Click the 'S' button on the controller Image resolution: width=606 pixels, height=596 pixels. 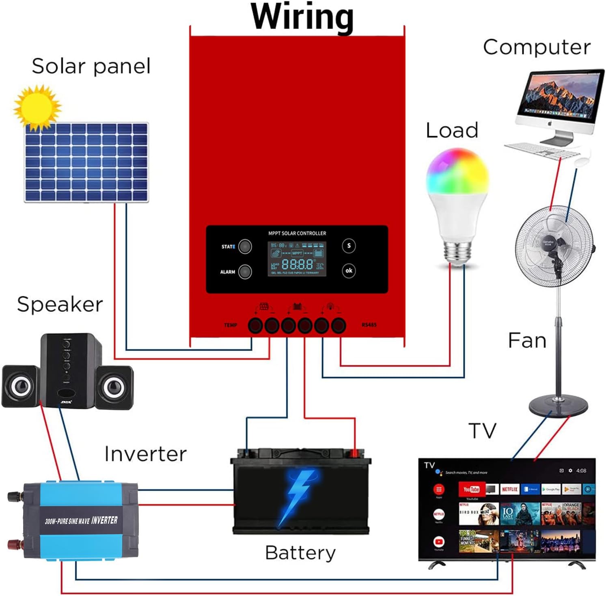(349, 246)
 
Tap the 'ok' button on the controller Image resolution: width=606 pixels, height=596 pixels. (349, 270)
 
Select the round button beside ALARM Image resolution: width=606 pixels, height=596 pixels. (245, 272)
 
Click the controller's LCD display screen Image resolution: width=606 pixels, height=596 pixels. (297, 259)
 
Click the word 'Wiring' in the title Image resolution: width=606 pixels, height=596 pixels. (302, 17)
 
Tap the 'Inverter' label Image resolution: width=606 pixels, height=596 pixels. (145, 454)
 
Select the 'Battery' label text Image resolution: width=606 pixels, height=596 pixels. (300, 553)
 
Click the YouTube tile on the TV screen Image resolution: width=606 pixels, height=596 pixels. (472, 489)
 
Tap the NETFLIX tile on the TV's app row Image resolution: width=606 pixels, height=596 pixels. (510, 489)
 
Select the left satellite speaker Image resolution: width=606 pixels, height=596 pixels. (20, 386)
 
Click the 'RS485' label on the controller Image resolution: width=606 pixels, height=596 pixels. (369, 325)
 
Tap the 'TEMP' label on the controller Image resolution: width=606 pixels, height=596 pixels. (231, 325)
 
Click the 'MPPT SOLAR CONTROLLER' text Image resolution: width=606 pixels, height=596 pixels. (297, 233)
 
